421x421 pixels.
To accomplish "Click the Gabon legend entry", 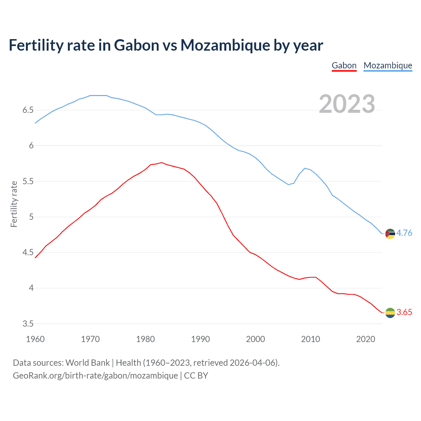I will click(344, 65).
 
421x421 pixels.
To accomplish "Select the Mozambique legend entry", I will click(388, 65).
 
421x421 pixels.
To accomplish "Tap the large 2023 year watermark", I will click(347, 104).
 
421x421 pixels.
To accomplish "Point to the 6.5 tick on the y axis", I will click(28, 110).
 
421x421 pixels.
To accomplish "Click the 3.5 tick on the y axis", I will click(28, 324).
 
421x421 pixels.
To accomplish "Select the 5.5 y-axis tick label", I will click(28, 181).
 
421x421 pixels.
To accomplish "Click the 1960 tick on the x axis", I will click(35, 339).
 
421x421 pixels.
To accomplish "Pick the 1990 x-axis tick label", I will click(200, 339).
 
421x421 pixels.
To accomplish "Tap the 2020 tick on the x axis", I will click(365, 339).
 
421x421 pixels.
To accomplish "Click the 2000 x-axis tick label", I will click(255, 339).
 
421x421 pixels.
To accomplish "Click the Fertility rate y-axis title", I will click(14, 204).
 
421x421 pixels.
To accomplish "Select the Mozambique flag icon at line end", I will click(390, 234).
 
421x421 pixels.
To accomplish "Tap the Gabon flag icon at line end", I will click(390, 313).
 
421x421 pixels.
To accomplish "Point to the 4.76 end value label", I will click(404, 233).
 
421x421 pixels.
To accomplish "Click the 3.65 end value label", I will click(404, 312).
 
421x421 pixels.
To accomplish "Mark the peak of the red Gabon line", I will click(161, 162).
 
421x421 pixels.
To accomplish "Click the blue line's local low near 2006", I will click(288, 185).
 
